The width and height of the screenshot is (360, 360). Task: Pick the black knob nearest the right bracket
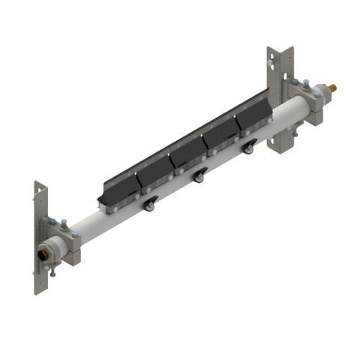click(x=247, y=150)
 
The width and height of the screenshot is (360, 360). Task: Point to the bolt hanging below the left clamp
click(x=53, y=274)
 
